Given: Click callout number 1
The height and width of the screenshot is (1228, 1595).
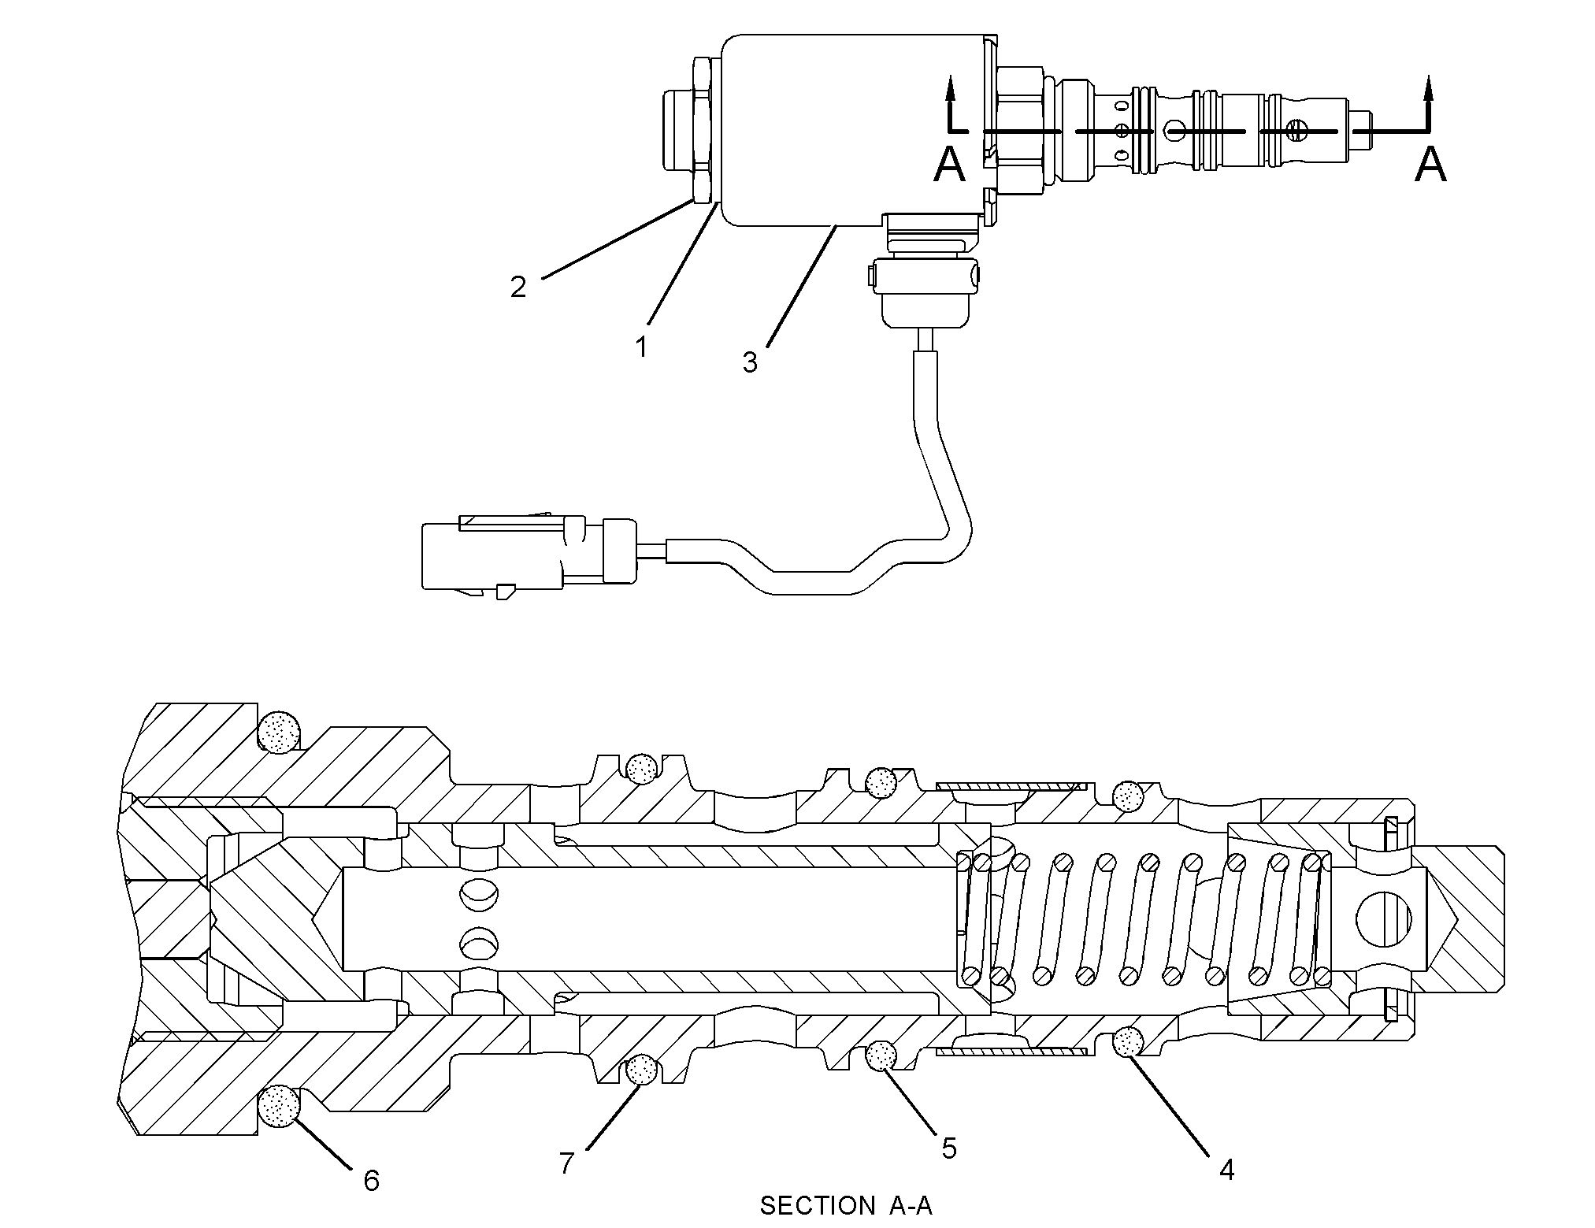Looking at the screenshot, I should coord(642,347).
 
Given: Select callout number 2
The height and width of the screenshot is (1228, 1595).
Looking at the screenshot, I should coord(517,287).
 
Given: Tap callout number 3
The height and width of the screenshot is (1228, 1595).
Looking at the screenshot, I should coord(749,362).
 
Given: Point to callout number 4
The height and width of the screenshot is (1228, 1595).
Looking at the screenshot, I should coord(1226,1169).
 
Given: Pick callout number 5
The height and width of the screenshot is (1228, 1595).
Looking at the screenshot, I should coord(949,1148).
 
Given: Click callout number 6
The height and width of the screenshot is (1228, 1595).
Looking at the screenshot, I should coord(371,1179).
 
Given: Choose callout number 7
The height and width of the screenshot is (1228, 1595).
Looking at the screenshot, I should coord(567,1163).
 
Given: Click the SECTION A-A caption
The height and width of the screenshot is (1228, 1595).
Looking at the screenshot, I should coord(846,1205).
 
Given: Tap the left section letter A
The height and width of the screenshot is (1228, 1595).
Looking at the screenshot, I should coord(949,165).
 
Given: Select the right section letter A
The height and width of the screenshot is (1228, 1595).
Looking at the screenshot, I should coord(1430,165).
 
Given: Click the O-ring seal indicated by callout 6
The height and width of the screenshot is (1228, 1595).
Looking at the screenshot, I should coord(278,1104).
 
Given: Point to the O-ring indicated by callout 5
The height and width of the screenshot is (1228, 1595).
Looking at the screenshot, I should coord(881,1056).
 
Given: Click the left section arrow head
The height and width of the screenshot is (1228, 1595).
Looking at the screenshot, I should coord(951,88).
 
